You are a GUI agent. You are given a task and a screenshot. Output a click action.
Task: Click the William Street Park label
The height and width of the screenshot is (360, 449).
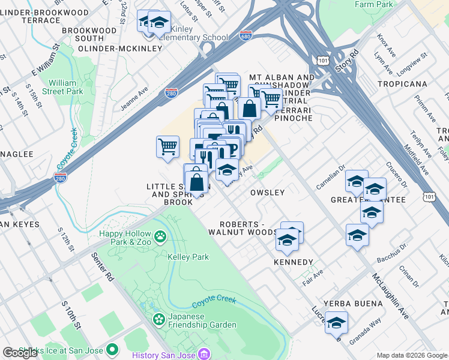(x=66, y=87)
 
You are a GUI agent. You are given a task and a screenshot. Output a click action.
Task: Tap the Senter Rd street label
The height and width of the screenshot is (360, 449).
(x=103, y=267)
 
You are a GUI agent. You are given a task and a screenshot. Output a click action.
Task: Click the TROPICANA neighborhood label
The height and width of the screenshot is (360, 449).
(x=402, y=83)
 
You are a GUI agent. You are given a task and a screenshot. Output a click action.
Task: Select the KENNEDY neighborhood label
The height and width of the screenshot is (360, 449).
(x=293, y=262)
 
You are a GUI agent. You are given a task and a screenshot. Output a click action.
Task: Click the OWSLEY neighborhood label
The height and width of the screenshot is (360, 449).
(x=267, y=193)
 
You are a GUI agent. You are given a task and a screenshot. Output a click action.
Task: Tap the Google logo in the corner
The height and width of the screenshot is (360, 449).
(x=20, y=352)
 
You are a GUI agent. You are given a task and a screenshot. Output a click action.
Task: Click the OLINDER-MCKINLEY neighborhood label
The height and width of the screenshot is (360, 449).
(x=112, y=48)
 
